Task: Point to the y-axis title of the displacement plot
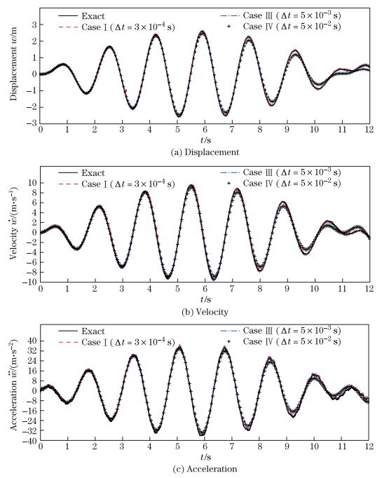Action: click(14, 66)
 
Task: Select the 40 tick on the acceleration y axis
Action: click(31, 341)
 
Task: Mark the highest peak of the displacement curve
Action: click(202, 32)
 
